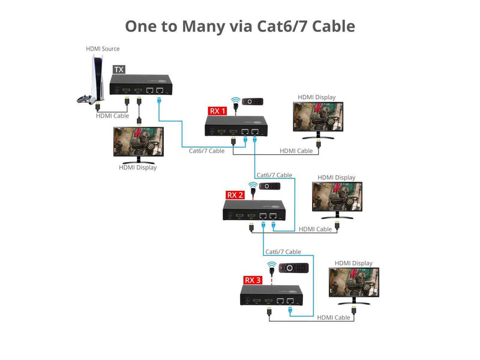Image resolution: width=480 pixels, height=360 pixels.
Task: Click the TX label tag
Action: coord(119,70)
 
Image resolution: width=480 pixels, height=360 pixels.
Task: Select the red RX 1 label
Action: coord(217,110)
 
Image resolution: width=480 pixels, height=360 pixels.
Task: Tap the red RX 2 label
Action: coord(235,194)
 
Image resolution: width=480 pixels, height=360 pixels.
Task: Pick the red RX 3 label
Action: coord(253,280)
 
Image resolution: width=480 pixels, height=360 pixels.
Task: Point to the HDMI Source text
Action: coord(103,49)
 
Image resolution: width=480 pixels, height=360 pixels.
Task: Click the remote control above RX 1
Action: coord(253,101)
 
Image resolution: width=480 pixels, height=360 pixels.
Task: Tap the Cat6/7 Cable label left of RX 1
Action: coord(206,151)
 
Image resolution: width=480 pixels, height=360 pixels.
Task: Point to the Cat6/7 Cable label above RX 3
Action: coord(283,252)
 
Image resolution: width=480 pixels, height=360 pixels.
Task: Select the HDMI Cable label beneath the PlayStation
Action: coord(112,116)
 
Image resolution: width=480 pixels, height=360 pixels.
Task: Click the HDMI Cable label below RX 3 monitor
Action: coord(334,317)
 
